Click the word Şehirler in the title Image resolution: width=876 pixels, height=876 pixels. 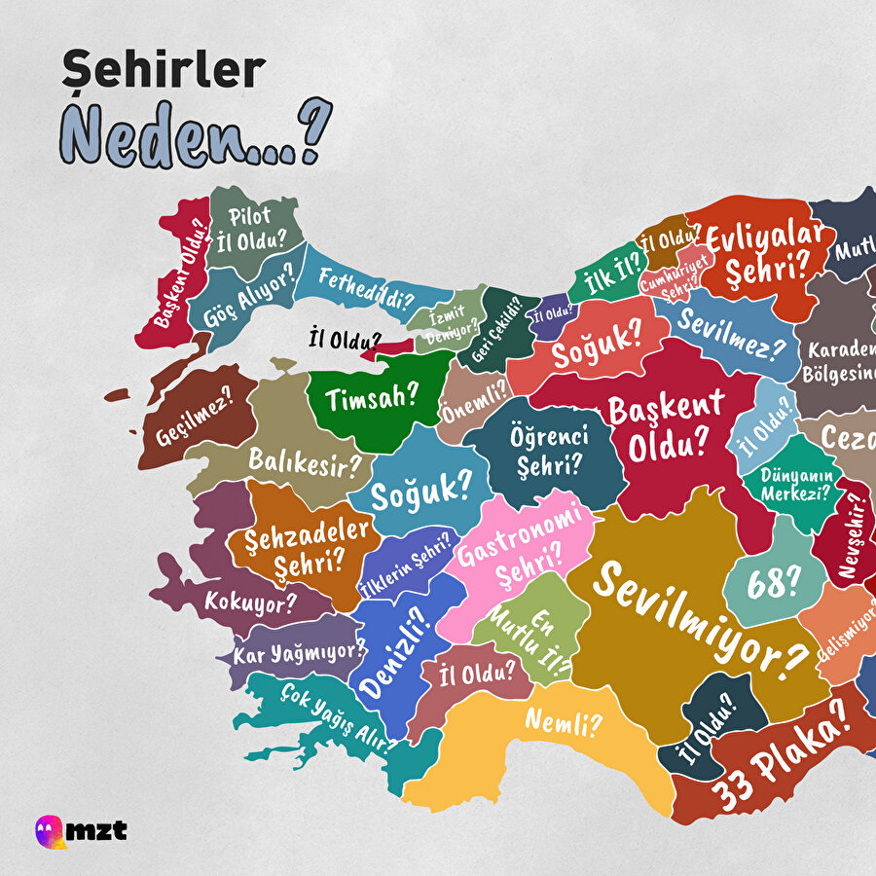click(x=163, y=71)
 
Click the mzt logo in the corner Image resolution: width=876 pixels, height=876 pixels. click(x=82, y=830)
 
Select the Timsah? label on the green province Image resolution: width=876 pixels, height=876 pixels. click(x=372, y=397)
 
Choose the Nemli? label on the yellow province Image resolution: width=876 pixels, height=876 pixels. click(x=564, y=722)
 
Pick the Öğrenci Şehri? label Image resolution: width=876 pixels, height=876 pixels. click(x=550, y=450)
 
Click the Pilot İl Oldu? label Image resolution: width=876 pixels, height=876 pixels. click(x=250, y=226)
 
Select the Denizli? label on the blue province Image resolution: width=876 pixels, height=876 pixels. click(x=393, y=653)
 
